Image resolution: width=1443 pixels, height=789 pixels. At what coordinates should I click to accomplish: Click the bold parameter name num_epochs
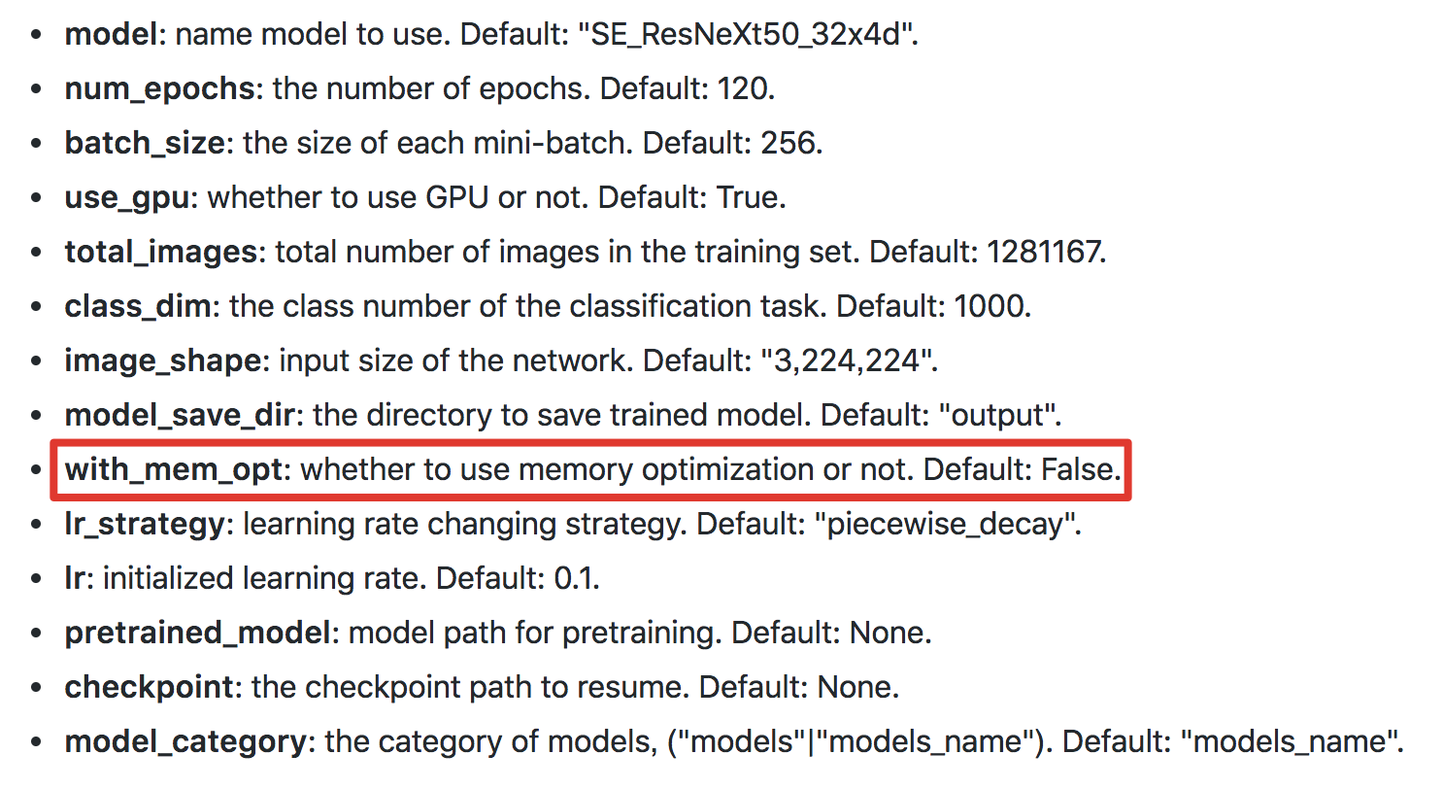click(160, 89)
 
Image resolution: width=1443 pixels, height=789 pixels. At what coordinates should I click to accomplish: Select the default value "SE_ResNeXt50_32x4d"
click(748, 35)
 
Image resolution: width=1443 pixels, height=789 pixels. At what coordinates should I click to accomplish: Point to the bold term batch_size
click(145, 144)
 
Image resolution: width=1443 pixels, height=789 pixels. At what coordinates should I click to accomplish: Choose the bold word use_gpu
click(131, 198)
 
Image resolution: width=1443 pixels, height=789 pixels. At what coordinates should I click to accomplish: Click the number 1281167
click(1045, 253)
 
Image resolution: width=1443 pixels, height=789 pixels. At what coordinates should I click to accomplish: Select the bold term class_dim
click(138, 307)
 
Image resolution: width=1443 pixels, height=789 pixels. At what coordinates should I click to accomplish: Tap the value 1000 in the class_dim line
click(990, 307)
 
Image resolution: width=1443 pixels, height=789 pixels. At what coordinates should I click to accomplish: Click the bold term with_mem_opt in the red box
click(178, 470)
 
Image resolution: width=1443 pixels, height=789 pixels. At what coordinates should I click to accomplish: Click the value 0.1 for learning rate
click(575, 579)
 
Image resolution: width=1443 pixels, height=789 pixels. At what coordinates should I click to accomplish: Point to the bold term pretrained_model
click(198, 634)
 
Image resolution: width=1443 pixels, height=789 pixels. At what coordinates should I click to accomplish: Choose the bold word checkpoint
click(150, 688)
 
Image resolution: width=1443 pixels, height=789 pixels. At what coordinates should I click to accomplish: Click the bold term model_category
click(185, 742)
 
